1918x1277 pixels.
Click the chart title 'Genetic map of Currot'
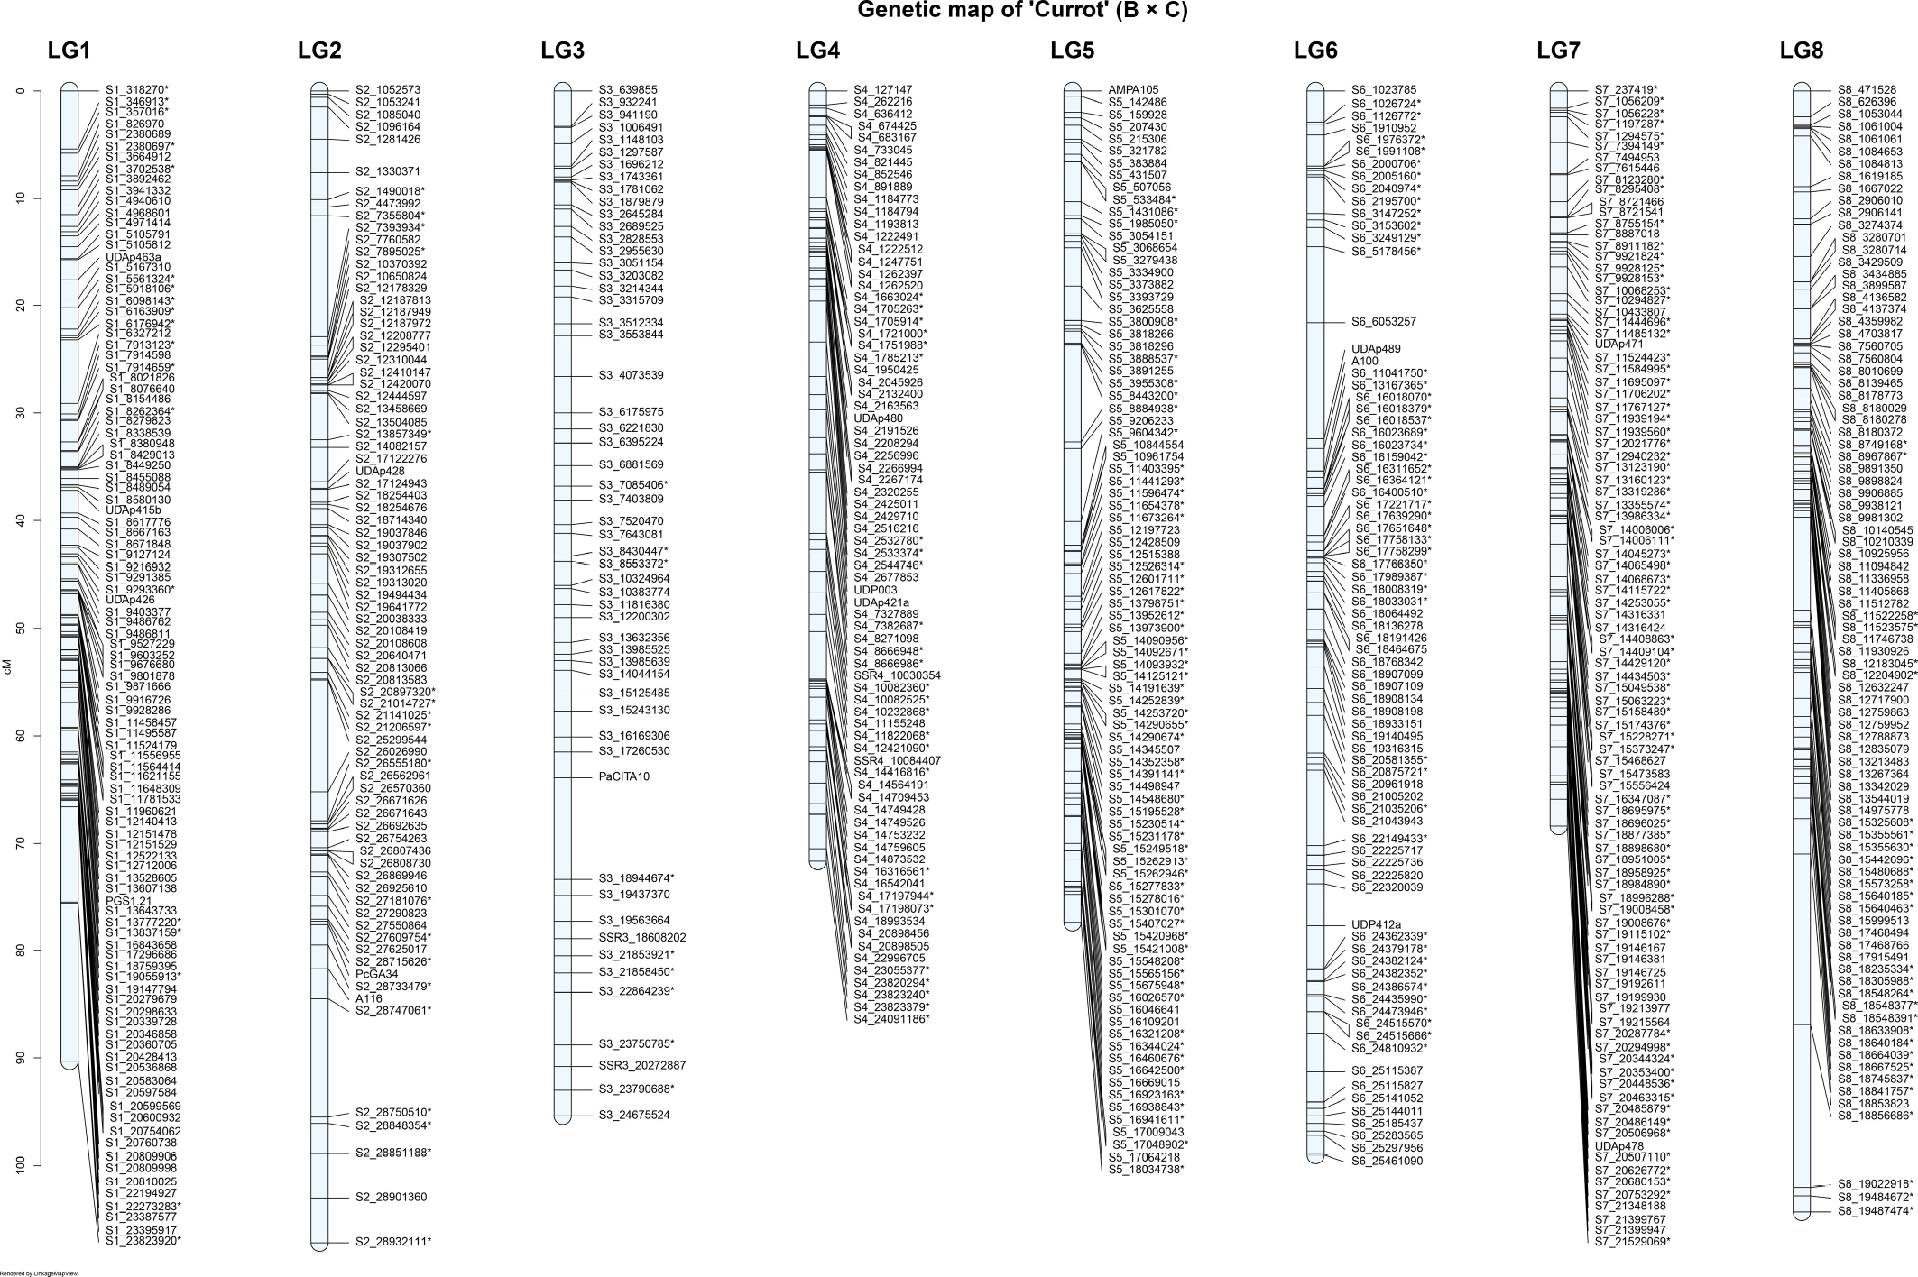click(1022, 10)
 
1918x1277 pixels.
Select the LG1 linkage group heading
click(69, 51)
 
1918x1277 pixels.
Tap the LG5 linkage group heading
click(1072, 51)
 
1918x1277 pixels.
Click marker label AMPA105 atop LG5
click(1133, 90)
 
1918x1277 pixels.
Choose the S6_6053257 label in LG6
click(1383, 322)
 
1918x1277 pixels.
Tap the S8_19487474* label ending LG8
click(1875, 1211)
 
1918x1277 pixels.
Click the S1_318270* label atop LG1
click(137, 90)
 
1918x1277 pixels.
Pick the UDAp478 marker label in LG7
click(1619, 1146)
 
